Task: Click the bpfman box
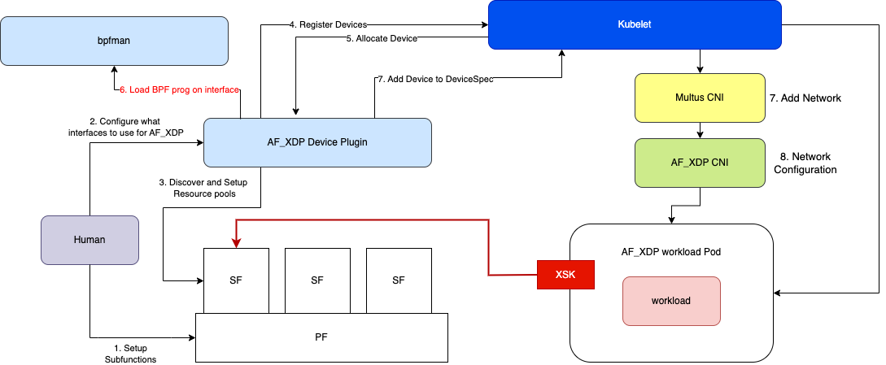pos(114,43)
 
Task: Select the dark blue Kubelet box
pos(640,24)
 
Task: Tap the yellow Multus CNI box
pos(700,98)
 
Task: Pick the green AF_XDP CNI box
pos(700,162)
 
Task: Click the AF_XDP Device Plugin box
pos(317,142)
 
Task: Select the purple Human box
pos(89,241)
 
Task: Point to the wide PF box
pos(322,337)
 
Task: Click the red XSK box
pos(566,275)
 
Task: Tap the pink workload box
pos(671,301)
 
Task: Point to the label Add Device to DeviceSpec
pos(434,79)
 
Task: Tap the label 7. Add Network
pos(805,98)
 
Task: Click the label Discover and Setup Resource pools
pos(203,188)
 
